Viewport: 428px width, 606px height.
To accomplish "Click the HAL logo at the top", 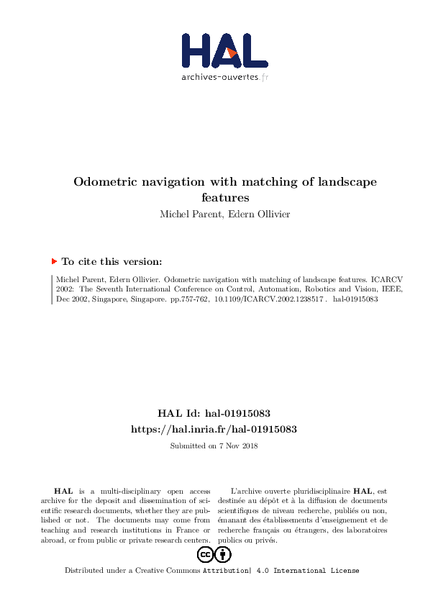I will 224,50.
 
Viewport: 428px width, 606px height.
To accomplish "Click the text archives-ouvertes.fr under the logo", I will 224,76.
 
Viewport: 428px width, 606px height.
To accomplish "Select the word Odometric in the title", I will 108,182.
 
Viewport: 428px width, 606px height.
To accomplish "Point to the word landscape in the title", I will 346,182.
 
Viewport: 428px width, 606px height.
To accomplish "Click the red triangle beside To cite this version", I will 54,262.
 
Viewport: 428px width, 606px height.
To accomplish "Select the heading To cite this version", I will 111,262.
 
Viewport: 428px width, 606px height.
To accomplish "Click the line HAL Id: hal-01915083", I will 214,414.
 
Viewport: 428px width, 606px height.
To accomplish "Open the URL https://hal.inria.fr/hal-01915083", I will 214,429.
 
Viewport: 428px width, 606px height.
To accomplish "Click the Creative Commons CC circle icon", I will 204,554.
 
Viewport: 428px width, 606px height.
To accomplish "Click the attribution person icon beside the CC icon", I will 224,554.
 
